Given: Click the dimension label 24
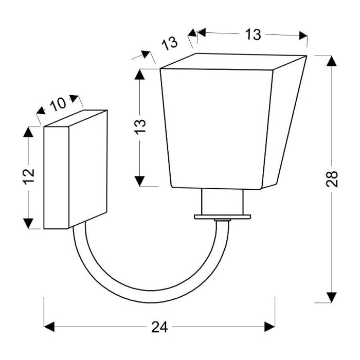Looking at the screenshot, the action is click(x=159, y=327).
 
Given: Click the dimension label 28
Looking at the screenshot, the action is click(x=332, y=179).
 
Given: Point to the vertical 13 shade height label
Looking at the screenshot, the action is click(x=140, y=127).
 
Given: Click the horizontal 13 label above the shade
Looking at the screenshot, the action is click(x=253, y=34).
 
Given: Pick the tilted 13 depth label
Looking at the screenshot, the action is click(x=169, y=43).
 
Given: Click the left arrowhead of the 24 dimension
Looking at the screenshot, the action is click(x=49, y=327).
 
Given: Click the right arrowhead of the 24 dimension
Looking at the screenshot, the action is click(x=270, y=327).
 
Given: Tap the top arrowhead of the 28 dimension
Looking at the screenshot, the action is click(x=332, y=61).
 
